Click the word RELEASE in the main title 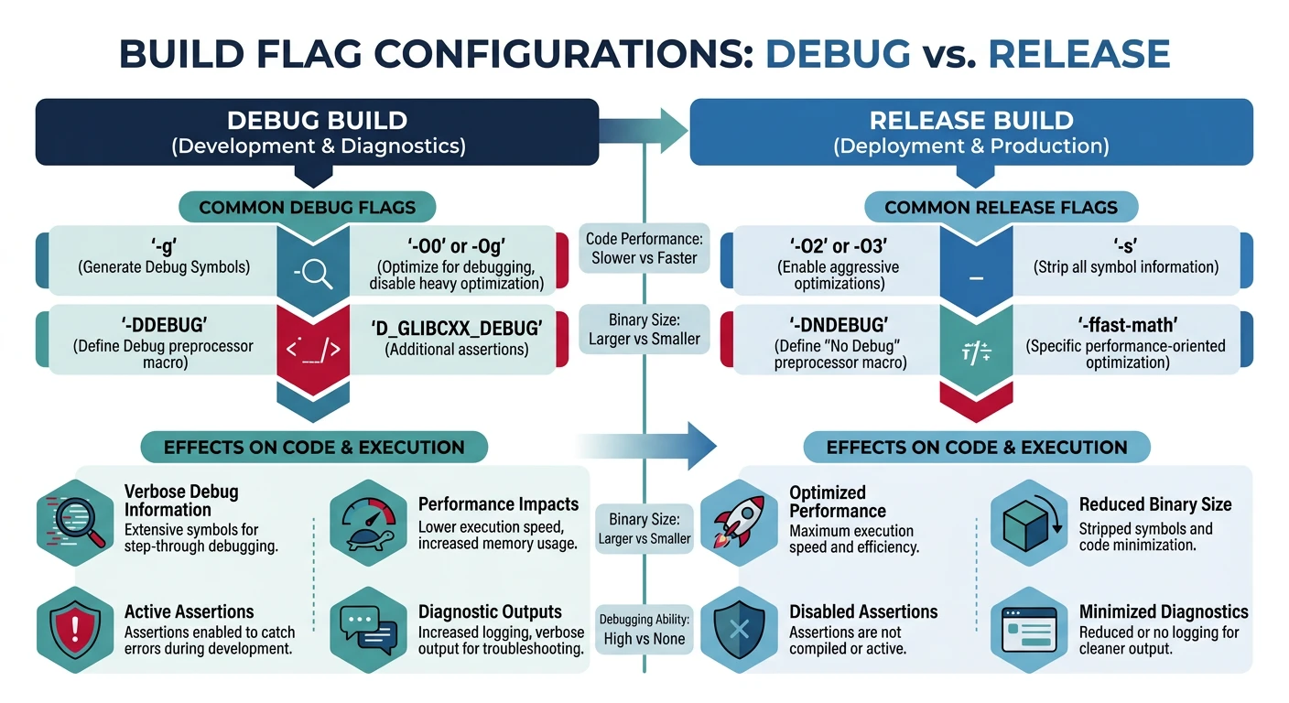tap(1079, 54)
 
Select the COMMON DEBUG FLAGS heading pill tap(307, 207)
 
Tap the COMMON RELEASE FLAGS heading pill tap(1001, 207)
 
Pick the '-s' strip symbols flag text tap(1125, 245)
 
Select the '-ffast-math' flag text tap(1125, 325)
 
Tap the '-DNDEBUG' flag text tap(838, 325)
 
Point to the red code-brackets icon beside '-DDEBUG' tap(313, 349)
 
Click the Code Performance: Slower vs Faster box tap(644, 248)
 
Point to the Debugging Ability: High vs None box tap(644, 629)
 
